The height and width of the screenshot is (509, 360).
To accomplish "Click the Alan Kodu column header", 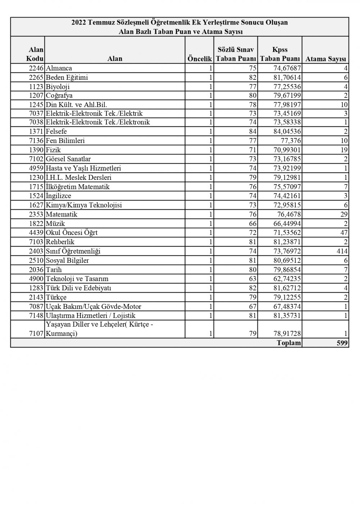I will (36, 54).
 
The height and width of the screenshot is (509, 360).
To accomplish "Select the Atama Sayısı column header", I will (325, 59).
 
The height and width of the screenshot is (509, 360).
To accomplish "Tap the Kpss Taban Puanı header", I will (280, 54).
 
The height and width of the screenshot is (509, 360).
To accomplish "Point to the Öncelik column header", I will (199, 59).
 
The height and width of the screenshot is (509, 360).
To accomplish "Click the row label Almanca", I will (59, 68).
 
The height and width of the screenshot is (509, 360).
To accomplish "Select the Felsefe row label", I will (57, 132).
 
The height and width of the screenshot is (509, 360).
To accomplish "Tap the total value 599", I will (342, 343).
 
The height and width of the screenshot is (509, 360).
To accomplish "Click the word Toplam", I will (289, 343).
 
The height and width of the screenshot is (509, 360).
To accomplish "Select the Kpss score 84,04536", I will (286, 132).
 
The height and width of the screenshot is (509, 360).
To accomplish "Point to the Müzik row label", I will (55, 224).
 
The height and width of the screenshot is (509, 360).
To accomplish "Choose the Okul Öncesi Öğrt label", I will (72, 233).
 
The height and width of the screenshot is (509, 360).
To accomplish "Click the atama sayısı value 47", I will (344, 233).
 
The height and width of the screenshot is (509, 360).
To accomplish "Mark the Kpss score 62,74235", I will (286, 279).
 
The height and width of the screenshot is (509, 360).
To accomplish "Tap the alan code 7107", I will (36, 333).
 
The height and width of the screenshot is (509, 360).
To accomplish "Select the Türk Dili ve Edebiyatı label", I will (78, 288).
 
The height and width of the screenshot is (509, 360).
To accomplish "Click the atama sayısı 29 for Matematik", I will (344, 214).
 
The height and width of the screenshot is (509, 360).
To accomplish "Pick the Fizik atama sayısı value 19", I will (344, 150).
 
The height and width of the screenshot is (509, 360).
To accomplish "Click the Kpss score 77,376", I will (290, 141).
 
